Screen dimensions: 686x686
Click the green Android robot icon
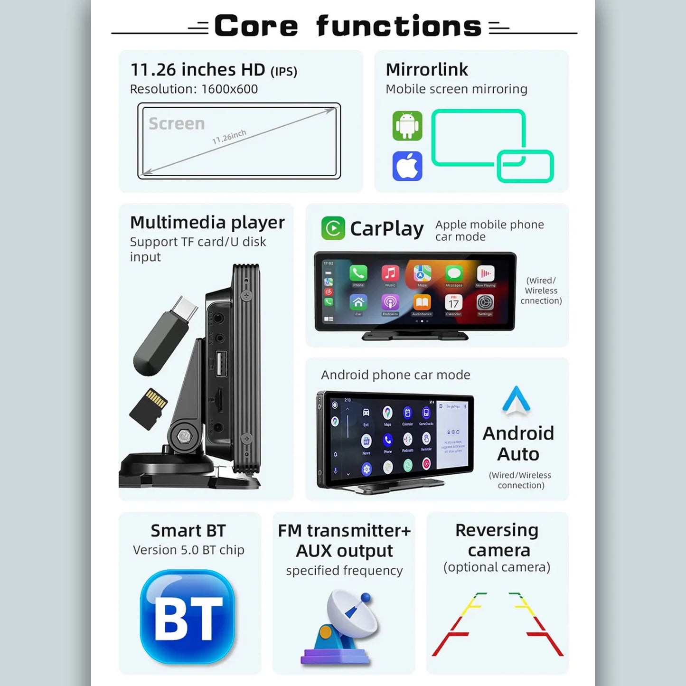pos(407,126)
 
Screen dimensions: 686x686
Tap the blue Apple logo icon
pos(407,166)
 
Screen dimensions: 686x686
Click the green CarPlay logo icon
pos(333,228)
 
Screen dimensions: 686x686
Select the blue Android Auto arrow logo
pos(516,400)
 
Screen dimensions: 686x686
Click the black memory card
pos(149,409)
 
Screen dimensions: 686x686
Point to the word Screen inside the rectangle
pos(177,124)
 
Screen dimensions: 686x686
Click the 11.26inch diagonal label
pos(229,137)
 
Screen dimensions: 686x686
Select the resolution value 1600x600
pos(229,89)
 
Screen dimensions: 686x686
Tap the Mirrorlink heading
pos(426,70)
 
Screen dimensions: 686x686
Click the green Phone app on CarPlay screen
pos(358,273)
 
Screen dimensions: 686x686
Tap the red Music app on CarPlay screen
pos(390,273)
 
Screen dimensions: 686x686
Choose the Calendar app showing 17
pos(453,302)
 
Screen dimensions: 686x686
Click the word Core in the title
pos(256,26)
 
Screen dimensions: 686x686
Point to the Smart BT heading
pos(188,530)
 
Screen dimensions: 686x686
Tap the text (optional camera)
pos(497,567)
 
